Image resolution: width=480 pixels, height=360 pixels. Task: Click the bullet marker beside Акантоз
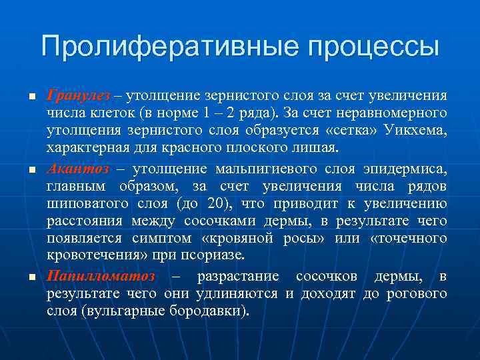(31, 170)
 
